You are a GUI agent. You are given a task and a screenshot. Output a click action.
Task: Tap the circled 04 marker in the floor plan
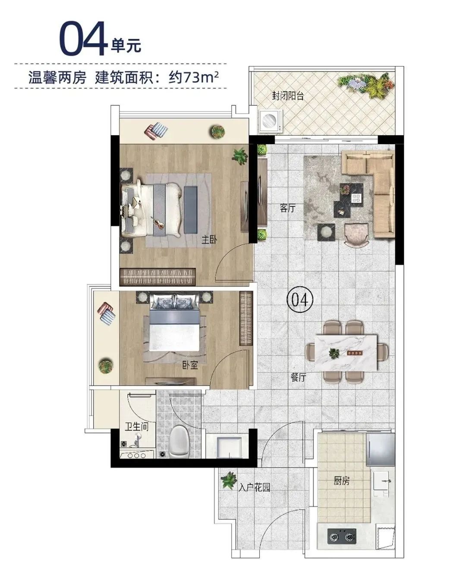[299, 299]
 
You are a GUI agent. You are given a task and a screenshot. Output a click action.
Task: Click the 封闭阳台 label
[288, 96]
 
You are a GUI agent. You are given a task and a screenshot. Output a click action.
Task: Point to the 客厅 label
[288, 208]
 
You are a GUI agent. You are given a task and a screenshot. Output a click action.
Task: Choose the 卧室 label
[190, 365]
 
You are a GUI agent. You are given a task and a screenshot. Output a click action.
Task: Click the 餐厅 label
[298, 377]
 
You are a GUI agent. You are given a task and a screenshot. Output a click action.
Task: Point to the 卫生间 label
[136, 427]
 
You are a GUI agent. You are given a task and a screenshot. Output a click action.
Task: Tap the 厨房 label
[341, 481]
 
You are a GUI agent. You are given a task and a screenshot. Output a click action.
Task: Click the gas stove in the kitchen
[343, 537]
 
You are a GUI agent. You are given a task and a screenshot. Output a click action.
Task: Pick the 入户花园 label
[255, 488]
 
